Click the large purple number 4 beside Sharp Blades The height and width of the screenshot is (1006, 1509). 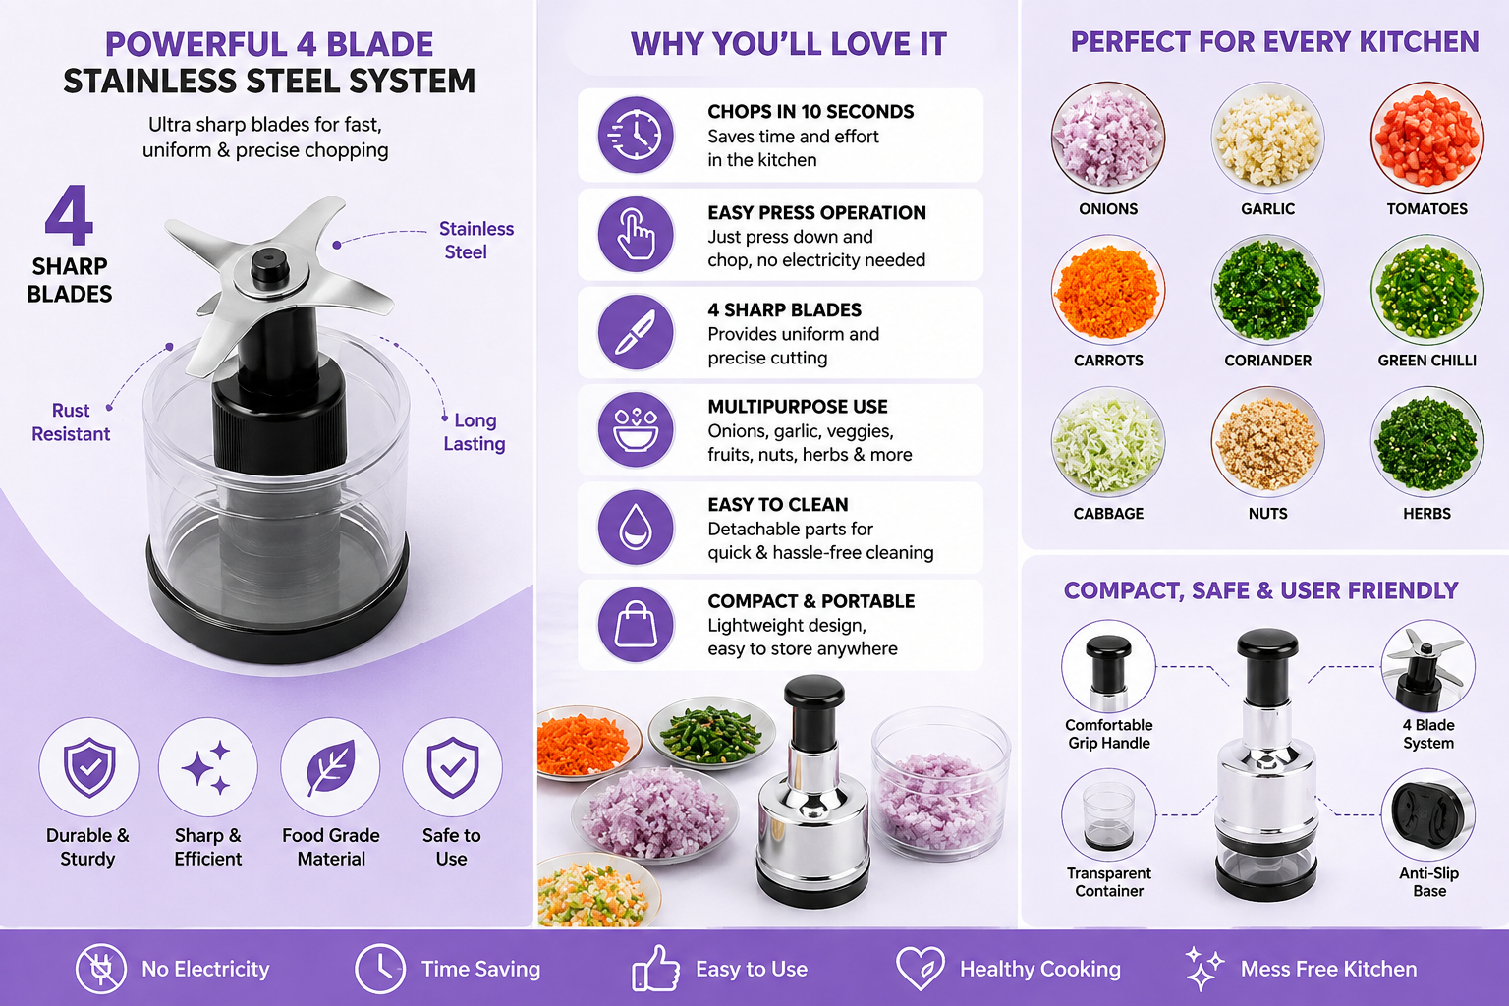[x=69, y=215]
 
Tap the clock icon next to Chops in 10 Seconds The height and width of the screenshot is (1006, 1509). [x=636, y=135]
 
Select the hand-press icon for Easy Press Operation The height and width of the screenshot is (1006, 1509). [x=636, y=235]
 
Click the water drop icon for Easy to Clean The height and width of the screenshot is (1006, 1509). [x=636, y=527]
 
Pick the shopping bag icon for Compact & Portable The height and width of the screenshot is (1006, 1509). [x=636, y=625]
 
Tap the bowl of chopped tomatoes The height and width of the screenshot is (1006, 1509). [x=1426, y=139]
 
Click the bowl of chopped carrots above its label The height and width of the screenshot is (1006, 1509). [x=1108, y=290]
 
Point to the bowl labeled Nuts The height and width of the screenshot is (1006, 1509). [x=1268, y=442]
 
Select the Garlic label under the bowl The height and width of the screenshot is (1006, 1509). [x=1268, y=209]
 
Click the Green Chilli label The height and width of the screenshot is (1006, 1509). [x=1426, y=361]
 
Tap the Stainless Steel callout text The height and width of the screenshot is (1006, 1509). [x=475, y=240]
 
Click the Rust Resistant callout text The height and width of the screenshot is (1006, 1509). [x=71, y=421]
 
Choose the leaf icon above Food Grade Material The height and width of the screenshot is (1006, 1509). [x=330, y=767]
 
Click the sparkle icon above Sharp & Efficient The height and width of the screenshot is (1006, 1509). [x=208, y=767]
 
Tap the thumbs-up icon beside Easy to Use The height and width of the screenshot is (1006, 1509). [x=655, y=969]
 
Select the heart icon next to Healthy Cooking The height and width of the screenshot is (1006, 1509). [x=921, y=969]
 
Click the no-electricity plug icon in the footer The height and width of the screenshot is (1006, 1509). [x=100, y=969]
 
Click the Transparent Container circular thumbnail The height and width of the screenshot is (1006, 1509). [x=1108, y=814]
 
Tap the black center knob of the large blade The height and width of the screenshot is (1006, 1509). [x=270, y=265]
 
